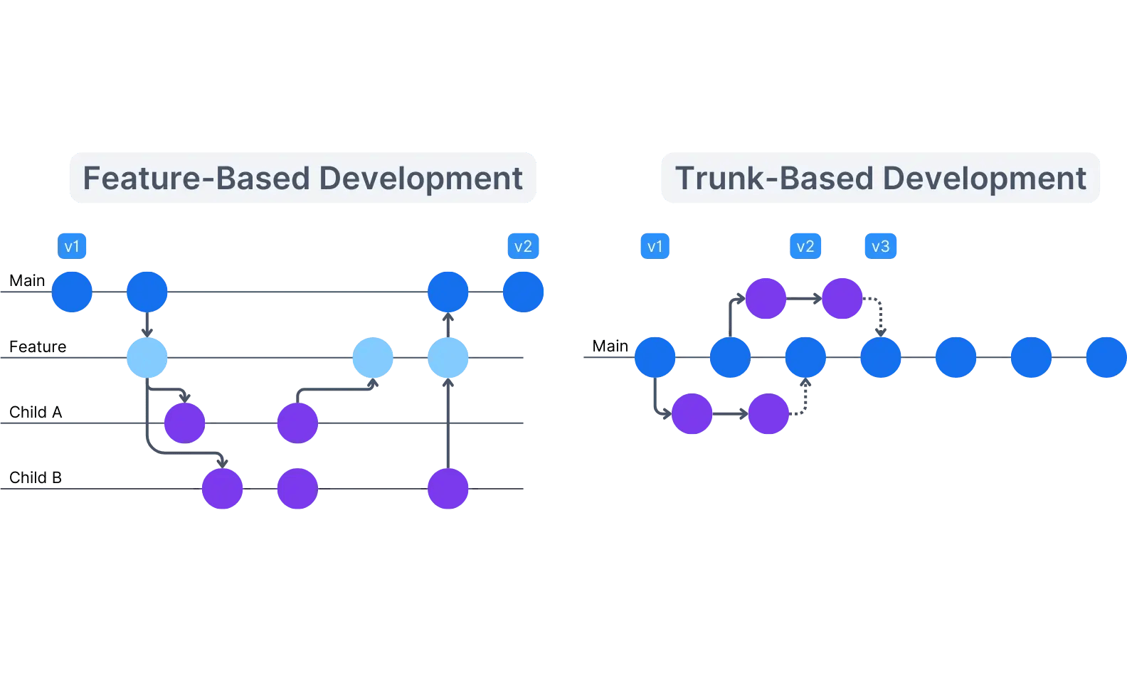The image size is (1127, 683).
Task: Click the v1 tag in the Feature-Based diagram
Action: tap(72, 246)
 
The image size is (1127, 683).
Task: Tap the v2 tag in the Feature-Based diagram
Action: tap(523, 246)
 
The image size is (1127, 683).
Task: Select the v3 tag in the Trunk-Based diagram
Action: tap(880, 246)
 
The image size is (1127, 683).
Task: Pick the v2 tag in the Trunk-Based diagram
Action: tap(805, 246)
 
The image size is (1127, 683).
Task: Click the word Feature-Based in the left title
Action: tap(196, 179)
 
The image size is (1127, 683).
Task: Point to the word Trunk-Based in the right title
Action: tap(774, 179)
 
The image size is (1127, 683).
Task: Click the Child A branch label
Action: tap(36, 412)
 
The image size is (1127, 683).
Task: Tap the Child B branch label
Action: tap(36, 477)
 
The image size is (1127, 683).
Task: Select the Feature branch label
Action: tap(38, 346)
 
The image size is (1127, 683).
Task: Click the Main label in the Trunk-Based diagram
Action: tap(610, 346)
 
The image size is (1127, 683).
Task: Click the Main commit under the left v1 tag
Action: tap(72, 292)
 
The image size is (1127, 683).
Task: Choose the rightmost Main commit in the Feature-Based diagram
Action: tap(524, 292)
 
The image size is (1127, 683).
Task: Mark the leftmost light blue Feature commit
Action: tap(147, 357)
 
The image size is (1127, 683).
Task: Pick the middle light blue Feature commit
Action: tap(373, 357)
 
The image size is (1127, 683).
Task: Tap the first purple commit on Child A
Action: tap(185, 423)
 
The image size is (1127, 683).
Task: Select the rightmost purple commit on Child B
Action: tap(448, 488)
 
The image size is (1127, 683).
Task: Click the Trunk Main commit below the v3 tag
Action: tap(881, 357)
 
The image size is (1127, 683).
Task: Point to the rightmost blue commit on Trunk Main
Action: tap(1106, 357)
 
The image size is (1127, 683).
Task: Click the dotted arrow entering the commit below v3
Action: tap(879, 316)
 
